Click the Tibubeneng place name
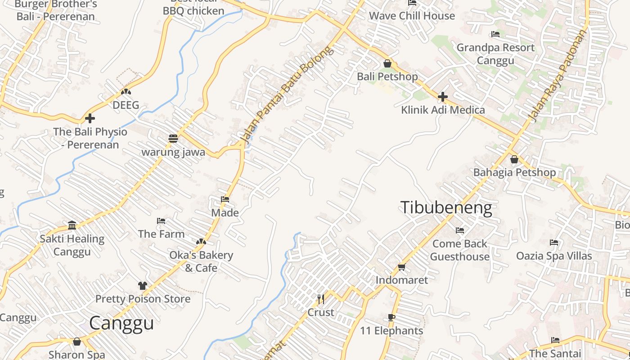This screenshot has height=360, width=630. click(445, 208)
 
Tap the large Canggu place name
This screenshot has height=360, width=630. click(121, 323)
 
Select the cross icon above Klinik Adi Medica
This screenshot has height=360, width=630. click(443, 97)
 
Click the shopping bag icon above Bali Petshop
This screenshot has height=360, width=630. click(387, 63)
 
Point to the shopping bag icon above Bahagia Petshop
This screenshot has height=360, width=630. click(514, 159)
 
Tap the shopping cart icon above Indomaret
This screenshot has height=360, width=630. click(401, 267)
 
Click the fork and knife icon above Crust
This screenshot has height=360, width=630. click(321, 299)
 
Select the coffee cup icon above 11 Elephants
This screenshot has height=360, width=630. click(391, 317)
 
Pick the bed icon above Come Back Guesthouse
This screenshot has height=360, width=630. click(459, 230)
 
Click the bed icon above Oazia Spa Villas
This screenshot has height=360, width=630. click(554, 243)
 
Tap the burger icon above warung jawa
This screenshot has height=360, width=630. click(173, 139)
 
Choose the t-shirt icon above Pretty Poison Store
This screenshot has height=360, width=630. click(143, 285)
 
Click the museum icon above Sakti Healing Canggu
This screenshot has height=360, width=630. click(72, 225)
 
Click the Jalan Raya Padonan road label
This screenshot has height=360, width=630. click(558, 76)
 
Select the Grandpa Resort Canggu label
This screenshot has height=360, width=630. click(495, 54)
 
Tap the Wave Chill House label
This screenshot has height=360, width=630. click(412, 16)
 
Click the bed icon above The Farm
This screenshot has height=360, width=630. click(161, 221)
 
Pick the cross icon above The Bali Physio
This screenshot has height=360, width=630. click(90, 118)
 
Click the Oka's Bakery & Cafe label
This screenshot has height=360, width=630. click(201, 261)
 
